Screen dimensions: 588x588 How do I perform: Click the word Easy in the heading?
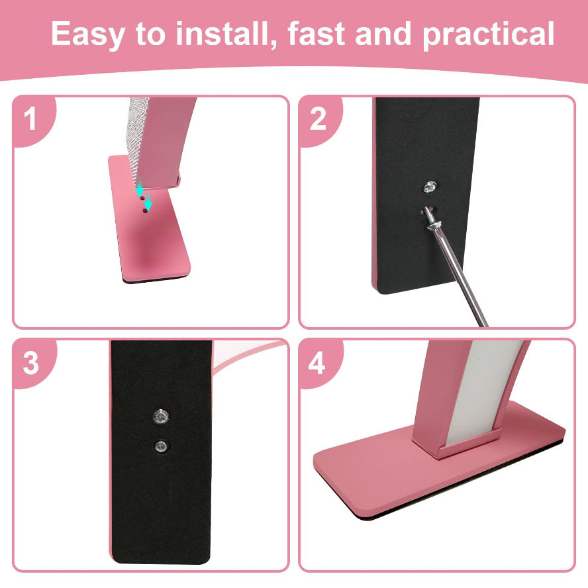87,34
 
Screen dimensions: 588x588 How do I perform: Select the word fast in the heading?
316,34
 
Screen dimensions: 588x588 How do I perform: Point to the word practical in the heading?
489,34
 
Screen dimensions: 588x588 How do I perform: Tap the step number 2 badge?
318,119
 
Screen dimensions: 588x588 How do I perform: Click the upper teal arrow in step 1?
140,187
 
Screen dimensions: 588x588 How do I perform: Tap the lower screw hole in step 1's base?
145,211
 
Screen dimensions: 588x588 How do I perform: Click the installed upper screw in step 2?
430,187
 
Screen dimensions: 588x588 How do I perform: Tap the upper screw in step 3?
161,416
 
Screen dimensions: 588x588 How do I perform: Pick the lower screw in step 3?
162,446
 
